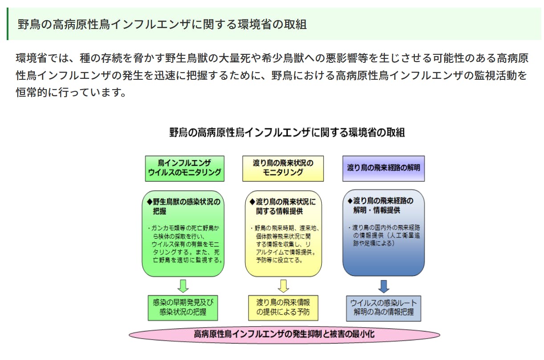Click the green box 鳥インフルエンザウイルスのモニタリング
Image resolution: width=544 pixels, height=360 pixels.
tap(184, 168)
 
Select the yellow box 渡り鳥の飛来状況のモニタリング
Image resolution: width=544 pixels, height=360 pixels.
tap(283, 168)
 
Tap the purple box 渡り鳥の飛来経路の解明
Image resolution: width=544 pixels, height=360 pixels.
tap(383, 168)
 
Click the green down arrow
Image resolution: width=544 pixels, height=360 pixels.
tap(183, 286)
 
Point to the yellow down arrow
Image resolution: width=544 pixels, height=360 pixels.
tap(283, 286)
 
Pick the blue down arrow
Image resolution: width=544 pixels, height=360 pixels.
tap(384, 286)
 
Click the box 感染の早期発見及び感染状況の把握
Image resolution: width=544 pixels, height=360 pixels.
tap(183, 307)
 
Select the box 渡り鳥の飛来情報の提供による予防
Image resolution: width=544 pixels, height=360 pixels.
tap(283, 307)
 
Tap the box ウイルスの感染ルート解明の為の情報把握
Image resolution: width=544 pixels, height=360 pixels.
tap(384, 307)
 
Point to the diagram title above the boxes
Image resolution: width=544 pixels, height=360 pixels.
tap(287, 132)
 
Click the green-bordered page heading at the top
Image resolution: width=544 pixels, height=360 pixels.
tap(162, 24)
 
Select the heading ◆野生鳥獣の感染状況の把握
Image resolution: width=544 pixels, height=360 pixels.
tap(184, 206)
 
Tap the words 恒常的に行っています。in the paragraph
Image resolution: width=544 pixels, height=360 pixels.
tap(71, 93)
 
